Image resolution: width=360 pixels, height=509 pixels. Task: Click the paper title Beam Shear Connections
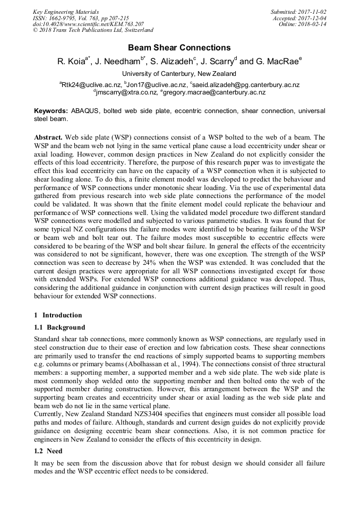pyautogui.click(x=179, y=48)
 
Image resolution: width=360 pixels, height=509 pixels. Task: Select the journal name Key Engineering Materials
pyautogui.click(x=66, y=12)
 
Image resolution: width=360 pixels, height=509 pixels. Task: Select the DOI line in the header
pyautogui.click(x=88, y=24)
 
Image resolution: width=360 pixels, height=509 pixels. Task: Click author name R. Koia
pyautogui.click(x=71, y=62)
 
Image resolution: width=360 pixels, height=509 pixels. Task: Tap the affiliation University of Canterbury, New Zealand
pyautogui.click(x=179, y=74)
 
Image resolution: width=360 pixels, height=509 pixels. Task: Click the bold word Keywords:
pyautogui.click(x=51, y=111)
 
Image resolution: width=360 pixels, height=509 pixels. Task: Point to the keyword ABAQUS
pyautogui.click(x=87, y=111)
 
